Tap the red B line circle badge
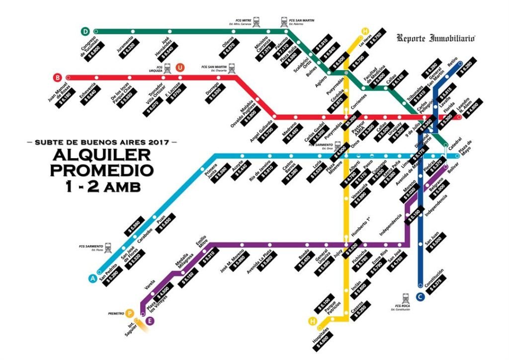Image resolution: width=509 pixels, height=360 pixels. click(58, 77)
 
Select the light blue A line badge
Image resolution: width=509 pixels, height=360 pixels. click(92, 278)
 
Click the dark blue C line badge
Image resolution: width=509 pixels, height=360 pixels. click(420, 297)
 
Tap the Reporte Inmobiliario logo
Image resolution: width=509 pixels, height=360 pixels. click(436, 38)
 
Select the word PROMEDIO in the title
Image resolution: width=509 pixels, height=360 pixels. click(101, 170)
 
